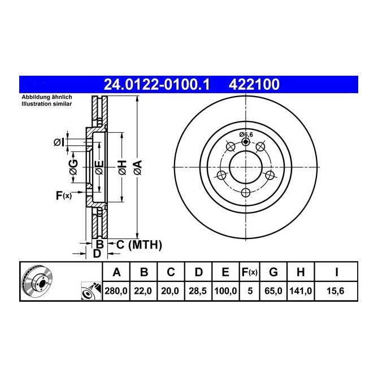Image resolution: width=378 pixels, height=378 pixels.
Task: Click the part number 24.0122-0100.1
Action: pos(157,85)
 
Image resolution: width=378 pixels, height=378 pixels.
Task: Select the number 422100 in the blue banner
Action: pos(253,85)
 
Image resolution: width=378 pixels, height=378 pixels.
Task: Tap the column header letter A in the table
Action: pos(116,273)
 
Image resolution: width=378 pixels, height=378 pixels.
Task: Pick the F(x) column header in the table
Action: pos(249,273)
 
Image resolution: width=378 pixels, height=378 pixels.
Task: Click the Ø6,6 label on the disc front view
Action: pos(246,134)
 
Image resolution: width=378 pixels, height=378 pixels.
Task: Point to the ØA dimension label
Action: pos(136,167)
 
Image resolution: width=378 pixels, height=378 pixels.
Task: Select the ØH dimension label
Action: pos(121,167)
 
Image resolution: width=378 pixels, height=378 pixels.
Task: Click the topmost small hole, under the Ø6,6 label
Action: pos(245,142)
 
